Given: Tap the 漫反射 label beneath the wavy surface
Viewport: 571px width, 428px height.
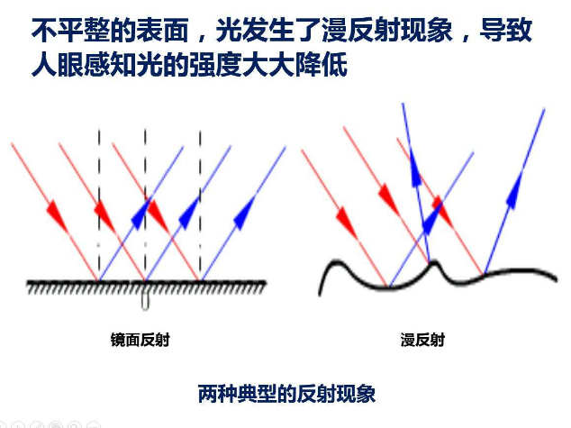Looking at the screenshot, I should point(421,340).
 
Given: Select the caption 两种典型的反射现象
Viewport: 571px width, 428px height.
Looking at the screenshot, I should point(285,394).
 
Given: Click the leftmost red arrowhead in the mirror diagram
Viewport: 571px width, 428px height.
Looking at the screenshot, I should point(55,214).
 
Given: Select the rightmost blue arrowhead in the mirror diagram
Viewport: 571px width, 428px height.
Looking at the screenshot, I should point(243,214).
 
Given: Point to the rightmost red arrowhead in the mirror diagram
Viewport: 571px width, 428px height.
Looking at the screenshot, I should point(157,214).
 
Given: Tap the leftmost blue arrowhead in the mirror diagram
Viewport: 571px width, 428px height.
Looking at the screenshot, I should point(140,214).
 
